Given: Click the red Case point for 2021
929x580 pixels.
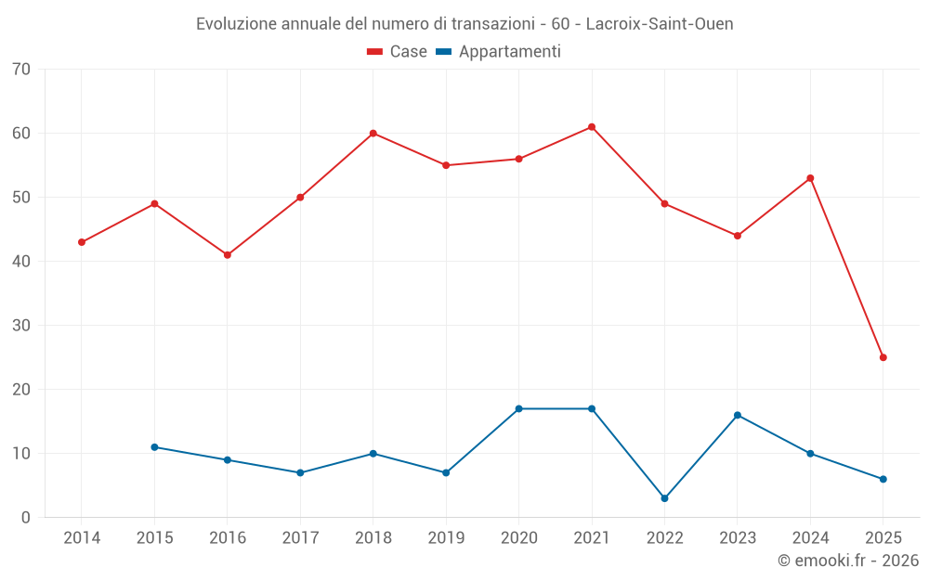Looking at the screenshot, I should click(x=592, y=127).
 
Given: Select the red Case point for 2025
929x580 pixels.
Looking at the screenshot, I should click(x=883, y=357).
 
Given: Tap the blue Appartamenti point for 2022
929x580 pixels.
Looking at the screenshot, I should click(x=664, y=498).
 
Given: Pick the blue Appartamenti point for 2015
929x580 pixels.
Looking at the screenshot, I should click(x=154, y=447).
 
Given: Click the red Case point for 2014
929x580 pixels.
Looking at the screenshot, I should click(x=82, y=242).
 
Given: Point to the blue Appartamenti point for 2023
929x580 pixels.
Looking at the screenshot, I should click(x=738, y=415).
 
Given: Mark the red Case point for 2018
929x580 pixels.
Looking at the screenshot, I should click(x=373, y=134).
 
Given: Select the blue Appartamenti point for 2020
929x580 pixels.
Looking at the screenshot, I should click(x=518, y=408).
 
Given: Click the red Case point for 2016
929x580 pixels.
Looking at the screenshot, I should click(x=228, y=255).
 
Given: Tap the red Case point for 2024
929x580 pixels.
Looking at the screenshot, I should click(x=810, y=178).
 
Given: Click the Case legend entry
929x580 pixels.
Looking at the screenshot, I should click(x=397, y=52).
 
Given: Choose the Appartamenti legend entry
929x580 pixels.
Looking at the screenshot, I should click(x=499, y=52).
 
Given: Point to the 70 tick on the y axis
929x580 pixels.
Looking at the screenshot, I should click(x=22, y=70).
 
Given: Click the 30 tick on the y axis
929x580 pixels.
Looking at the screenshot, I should click(x=22, y=326).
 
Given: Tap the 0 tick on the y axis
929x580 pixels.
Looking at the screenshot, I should click(x=27, y=518).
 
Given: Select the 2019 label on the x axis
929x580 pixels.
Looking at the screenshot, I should click(x=446, y=538).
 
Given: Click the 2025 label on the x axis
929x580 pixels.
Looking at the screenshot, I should click(x=883, y=538).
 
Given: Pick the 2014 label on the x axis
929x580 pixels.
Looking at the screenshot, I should click(x=82, y=538).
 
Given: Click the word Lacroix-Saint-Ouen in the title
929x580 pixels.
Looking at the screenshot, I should click(x=660, y=24).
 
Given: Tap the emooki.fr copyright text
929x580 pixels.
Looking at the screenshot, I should click(x=848, y=561).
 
